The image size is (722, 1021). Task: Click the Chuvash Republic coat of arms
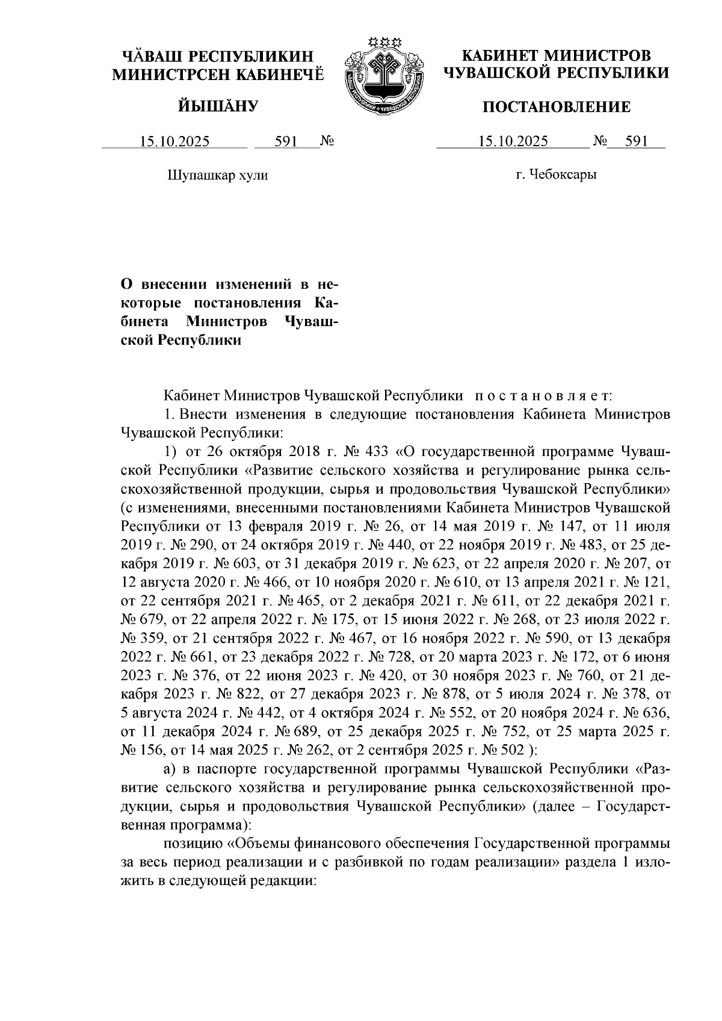[381, 75]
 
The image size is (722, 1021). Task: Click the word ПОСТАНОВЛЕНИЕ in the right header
[555, 107]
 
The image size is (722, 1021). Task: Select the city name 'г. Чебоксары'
[556, 175]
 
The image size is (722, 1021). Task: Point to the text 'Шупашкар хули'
[216, 175]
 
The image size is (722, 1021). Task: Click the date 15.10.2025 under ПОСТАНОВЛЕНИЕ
[513, 142]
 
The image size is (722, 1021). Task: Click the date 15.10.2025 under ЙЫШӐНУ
[174, 142]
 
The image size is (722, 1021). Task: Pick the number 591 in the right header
[635, 142]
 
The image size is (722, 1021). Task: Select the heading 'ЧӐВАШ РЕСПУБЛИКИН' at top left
[218, 57]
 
